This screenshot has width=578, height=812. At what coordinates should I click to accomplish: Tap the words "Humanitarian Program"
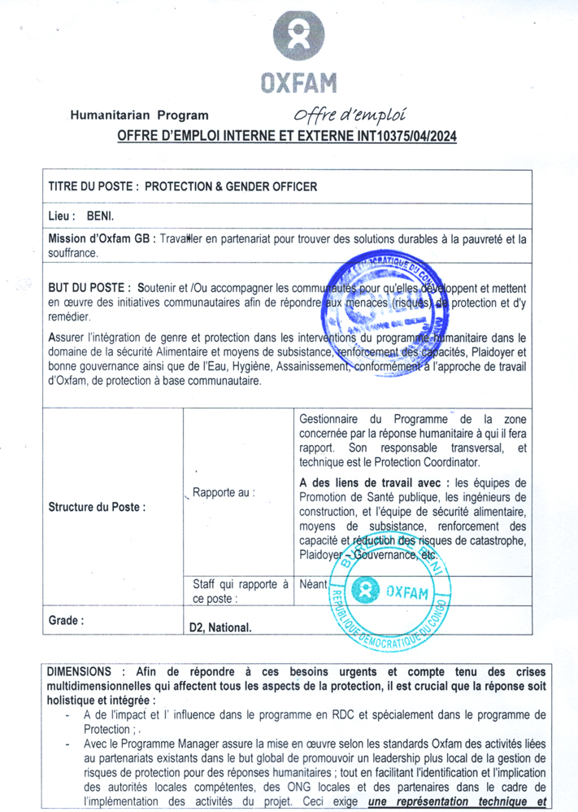pyautogui.click(x=140, y=116)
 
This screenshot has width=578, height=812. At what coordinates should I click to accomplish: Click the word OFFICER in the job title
pyautogui.click(x=287, y=186)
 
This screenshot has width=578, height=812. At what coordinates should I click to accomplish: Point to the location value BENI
pyautogui.click(x=101, y=217)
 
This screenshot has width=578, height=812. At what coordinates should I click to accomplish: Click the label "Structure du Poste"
pyautogui.click(x=97, y=506)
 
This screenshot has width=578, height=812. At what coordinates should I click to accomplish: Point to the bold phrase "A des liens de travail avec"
pyautogui.click(x=375, y=482)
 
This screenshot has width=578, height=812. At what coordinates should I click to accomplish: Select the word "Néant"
pyautogui.click(x=314, y=584)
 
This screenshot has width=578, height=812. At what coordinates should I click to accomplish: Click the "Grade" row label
pyautogui.click(x=66, y=620)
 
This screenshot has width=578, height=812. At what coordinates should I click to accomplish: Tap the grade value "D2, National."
pyautogui.click(x=220, y=627)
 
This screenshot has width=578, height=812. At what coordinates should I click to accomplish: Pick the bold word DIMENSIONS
pyautogui.click(x=79, y=673)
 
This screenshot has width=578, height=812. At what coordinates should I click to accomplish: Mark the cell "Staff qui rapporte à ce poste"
pyautogui.click(x=240, y=592)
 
